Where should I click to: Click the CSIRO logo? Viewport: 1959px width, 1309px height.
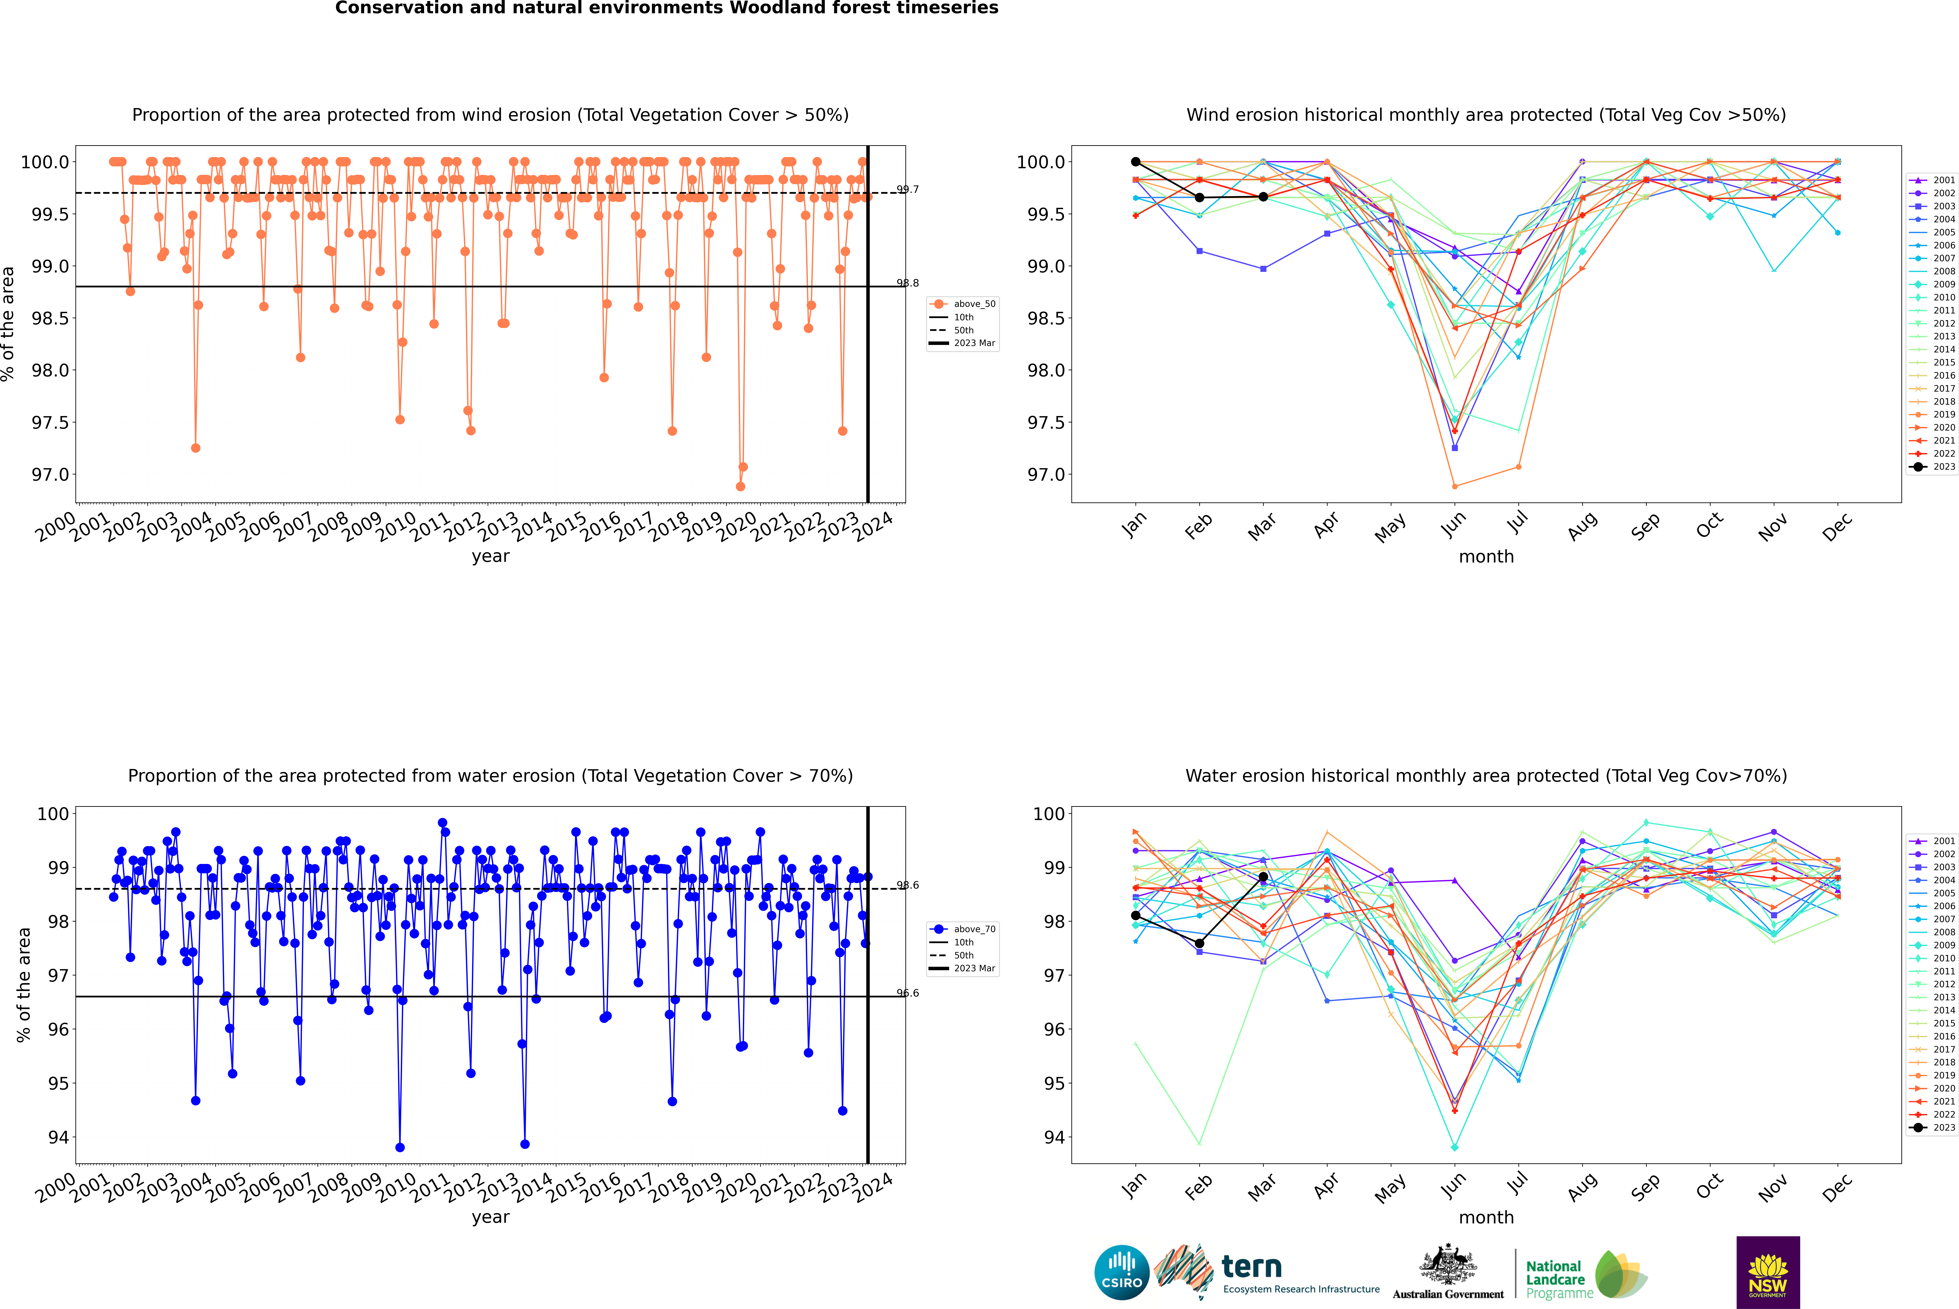[x=1122, y=1272]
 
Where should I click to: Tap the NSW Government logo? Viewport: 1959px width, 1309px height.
[x=1768, y=1272]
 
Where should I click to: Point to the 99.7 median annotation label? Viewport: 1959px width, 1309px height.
[x=908, y=190]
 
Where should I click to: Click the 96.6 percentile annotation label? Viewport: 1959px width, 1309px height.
[x=908, y=993]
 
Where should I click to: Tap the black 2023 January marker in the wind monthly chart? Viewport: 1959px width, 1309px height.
[x=1136, y=162]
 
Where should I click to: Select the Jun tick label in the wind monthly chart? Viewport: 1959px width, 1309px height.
[x=1453, y=523]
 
